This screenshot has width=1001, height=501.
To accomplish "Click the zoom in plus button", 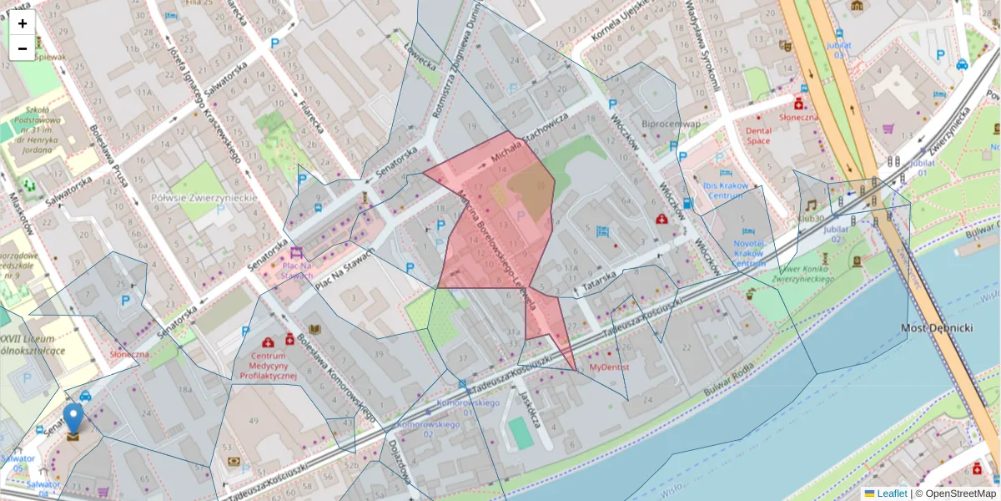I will click(23, 23).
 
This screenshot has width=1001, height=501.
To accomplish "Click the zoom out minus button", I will click(23, 48).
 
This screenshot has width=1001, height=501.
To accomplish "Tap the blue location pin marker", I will click(73, 419).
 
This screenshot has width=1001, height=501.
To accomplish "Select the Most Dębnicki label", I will click(937, 328).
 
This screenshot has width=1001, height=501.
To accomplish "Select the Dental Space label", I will click(758, 135).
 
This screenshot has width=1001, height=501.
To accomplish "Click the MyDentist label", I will click(609, 367).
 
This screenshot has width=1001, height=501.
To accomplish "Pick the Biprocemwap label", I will click(671, 124).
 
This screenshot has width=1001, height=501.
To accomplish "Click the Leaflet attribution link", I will click(892, 493).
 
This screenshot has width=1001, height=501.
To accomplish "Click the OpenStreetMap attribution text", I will click(960, 493).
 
